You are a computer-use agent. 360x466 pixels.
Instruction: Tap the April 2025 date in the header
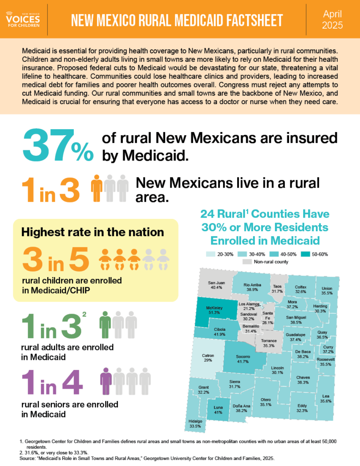(333, 20)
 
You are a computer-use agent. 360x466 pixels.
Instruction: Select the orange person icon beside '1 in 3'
(97, 187)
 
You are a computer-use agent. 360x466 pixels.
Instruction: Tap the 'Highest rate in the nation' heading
(92, 232)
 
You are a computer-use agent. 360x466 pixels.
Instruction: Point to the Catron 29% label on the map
(208, 358)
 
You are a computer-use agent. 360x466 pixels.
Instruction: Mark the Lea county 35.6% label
(325, 399)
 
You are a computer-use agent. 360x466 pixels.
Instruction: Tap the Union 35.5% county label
(327, 291)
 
